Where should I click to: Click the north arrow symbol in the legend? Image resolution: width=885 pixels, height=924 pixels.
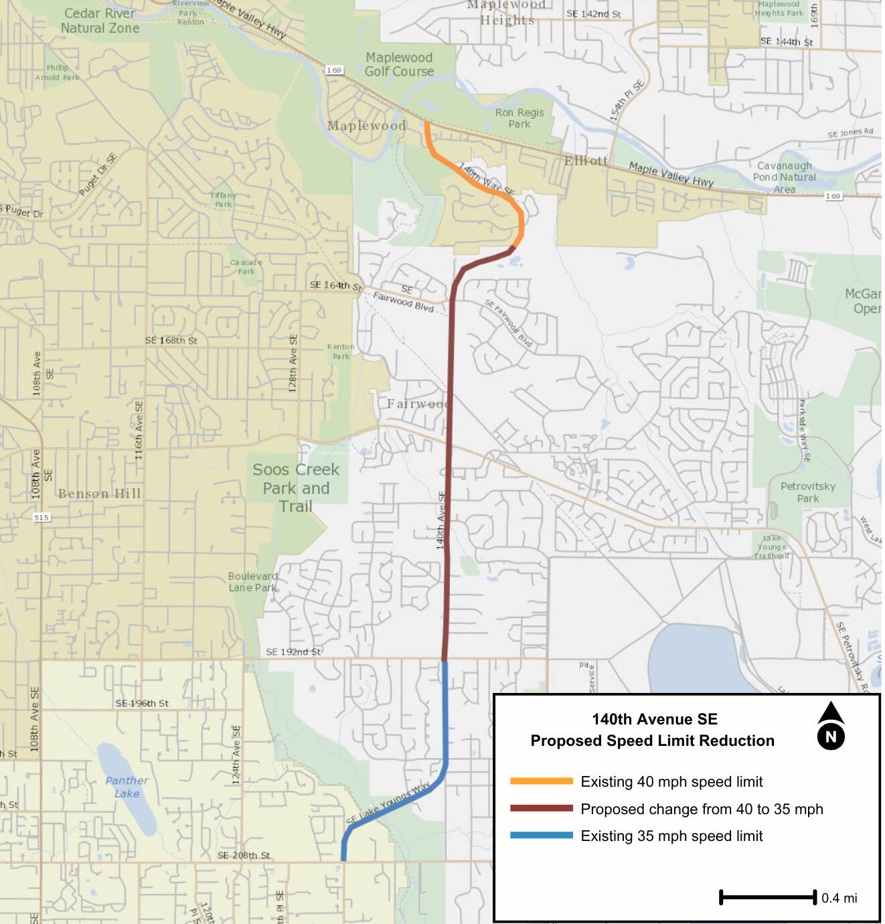click(831, 726)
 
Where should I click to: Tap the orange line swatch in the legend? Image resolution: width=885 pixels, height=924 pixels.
click(541, 781)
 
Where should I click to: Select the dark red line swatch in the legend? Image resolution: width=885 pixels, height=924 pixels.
click(541, 809)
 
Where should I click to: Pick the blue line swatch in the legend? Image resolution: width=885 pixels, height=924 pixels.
click(541, 836)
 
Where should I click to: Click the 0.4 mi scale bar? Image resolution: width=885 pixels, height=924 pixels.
click(768, 897)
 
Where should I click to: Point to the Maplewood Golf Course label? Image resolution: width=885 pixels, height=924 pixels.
click(399, 64)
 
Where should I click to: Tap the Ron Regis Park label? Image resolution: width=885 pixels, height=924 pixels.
click(519, 119)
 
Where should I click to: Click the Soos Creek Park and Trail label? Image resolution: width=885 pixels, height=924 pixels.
click(296, 487)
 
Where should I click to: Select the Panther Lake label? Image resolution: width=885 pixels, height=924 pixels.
click(127, 787)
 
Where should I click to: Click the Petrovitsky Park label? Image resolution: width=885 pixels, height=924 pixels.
click(808, 492)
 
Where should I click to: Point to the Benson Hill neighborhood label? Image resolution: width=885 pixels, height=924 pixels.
click(99, 494)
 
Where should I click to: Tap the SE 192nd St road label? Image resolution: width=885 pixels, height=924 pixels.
click(293, 651)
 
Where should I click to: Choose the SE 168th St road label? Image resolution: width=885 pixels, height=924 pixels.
click(171, 340)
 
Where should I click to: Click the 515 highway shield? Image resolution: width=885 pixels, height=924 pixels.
click(42, 517)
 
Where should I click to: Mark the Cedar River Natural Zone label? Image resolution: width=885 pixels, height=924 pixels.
click(100, 21)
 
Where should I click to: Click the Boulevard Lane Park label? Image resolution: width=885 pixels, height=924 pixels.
click(252, 582)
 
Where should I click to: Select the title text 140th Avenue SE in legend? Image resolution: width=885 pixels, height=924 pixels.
click(654, 719)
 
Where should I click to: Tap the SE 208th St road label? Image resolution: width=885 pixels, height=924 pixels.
click(244, 855)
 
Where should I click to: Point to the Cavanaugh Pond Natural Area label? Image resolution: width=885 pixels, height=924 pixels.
click(784, 177)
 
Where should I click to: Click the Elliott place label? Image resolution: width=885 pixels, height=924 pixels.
click(586, 161)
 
